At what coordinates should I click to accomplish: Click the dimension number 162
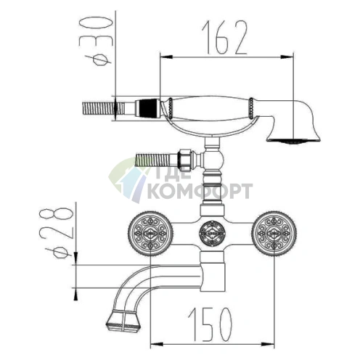point(224,38)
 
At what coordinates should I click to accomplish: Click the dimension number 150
point(210,324)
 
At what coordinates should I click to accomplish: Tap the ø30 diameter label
point(96,41)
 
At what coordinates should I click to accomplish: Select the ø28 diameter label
point(56,234)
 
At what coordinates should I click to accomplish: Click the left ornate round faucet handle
point(150,234)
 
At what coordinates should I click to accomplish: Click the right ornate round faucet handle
point(274,234)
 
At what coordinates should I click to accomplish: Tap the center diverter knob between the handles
point(212,234)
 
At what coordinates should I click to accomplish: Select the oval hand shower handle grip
point(210,108)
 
